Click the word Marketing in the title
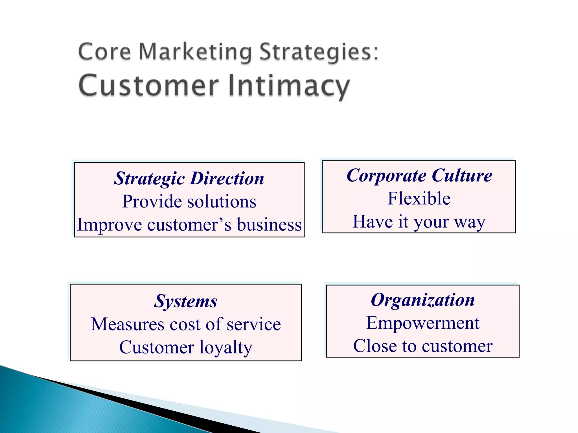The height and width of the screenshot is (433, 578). [195, 52]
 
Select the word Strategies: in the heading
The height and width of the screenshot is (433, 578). [319, 52]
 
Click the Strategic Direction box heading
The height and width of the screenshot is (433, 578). [189, 178]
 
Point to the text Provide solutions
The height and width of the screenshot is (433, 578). [189, 202]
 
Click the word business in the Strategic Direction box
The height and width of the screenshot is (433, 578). [269, 225]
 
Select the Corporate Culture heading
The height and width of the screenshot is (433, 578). [419, 176]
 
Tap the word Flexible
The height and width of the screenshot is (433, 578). [419, 198]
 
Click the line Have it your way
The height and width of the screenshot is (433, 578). [419, 222]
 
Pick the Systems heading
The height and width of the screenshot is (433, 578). [185, 301]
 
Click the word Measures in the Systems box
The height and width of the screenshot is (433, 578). [128, 324]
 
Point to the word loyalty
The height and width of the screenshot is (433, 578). [226, 347]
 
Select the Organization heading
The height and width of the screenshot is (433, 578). [422, 300]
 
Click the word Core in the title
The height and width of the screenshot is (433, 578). [104, 52]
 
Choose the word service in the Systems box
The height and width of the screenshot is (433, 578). [254, 324]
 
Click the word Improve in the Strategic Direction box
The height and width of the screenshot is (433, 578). [109, 225]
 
